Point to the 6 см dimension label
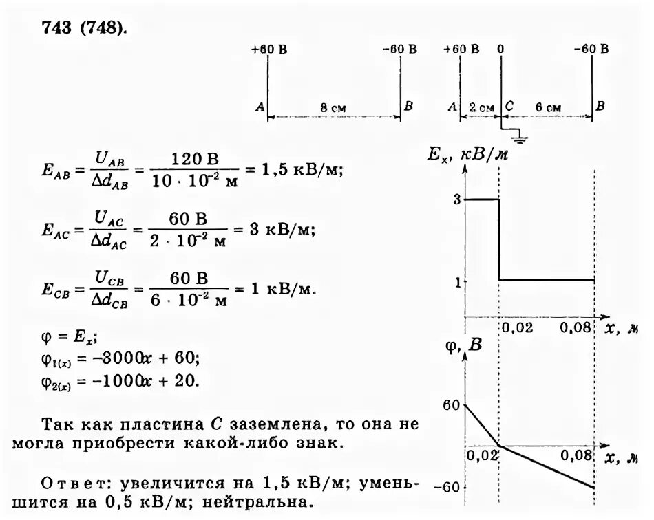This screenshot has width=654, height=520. click(x=547, y=108)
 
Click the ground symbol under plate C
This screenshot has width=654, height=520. click(x=521, y=140)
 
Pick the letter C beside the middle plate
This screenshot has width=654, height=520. click(x=509, y=107)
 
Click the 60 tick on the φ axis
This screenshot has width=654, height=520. click(x=451, y=406)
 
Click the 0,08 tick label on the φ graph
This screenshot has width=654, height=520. click(x=577, y=455)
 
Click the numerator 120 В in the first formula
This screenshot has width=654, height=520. click(x=193, y=160)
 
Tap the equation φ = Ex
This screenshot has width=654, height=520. click(x=65, y=338)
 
